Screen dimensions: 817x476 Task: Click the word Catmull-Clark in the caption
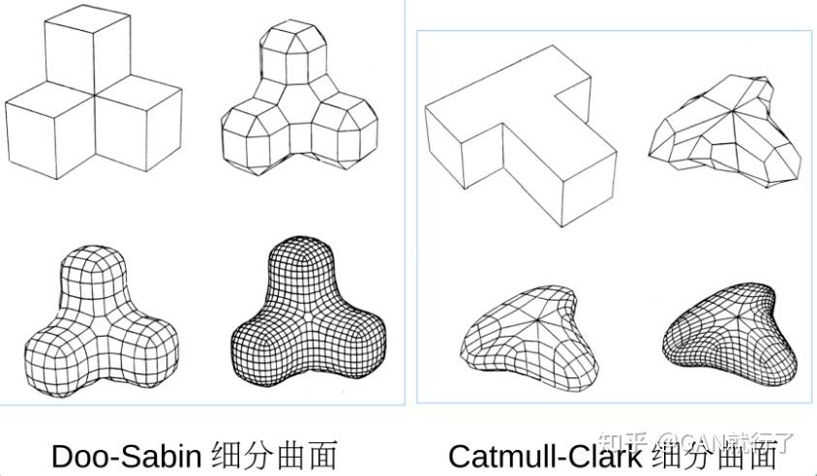[x=544, y=456]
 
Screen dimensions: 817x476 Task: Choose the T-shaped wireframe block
[x=518, y=135]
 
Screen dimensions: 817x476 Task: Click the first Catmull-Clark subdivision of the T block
[x=726, y=131]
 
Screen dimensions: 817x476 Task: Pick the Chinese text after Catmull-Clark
[x=714, y=456]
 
